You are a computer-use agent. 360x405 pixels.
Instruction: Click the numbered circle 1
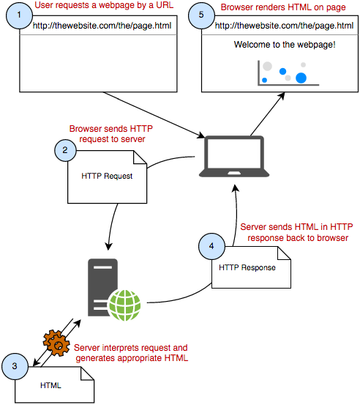pyautogui.click(x=19, y=15)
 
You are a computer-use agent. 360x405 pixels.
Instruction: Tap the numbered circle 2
pyautogui.click(x=65, y=150)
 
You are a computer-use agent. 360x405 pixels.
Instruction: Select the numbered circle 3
pyautogui.click(x=15, y=366)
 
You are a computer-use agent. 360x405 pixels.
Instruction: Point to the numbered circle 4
pyautogui.click(x=211, y=246)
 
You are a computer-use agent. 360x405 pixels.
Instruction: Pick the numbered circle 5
pyautogui.click(x=201, y=15)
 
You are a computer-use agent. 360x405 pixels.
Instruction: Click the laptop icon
pyautogui.click(x=234, y=157)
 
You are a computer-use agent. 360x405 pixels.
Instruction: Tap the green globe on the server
pyautogui.click(x=124, y=305)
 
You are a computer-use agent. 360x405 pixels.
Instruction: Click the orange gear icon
pyautogui.click(x=56, y=343)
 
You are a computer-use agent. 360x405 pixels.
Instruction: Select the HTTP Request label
pyautogui.click(x=107, y=177)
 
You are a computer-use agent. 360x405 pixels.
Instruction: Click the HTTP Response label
pyautogui.click(x=247, y=267)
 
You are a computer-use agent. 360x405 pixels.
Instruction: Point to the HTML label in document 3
pyautogui.click(x=50, y=386)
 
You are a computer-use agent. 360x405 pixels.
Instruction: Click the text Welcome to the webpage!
pyautogui.click(x=285, y=45)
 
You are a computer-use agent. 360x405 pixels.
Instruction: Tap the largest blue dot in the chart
pyautogui.click(x=301, y=78)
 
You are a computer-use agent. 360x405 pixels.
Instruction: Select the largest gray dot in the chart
pyautogui.click(x=267, y=66)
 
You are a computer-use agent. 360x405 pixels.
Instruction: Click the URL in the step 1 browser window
pyautogui.click(x=102, y=26)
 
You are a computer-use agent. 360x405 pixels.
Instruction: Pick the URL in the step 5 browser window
pyautogui.click(x=284, y=26)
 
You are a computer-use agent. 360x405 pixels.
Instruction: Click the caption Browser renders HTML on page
pyautogui.click(x=283, y=7)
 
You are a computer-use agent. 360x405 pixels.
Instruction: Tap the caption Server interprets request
pyautogui.click(x=130, y=348)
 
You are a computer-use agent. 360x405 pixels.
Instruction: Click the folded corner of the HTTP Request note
pyautogui.click(x=140, y=157)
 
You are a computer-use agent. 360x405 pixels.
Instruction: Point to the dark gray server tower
pyautogui.click(x=102, y=288)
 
